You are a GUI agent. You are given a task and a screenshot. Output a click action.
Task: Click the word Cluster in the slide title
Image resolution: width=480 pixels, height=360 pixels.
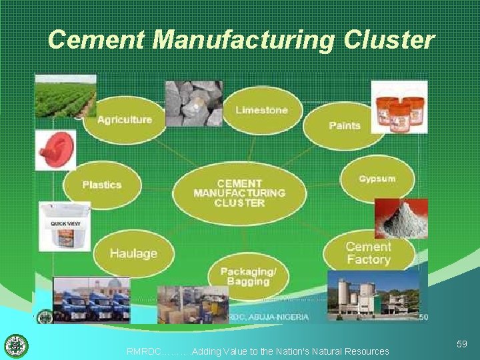(389, 40)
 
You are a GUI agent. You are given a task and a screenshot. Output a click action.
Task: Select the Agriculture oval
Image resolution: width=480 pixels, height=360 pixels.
(125, 120)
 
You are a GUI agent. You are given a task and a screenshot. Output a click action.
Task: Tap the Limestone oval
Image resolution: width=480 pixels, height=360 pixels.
(261, 110)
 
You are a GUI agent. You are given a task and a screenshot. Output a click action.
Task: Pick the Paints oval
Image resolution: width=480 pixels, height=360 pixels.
(345, 125)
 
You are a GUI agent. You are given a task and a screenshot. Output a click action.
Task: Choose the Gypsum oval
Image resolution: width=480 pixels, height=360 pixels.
(377, 179)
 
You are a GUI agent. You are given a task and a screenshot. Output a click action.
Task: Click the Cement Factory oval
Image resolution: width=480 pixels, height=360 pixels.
(368, 253)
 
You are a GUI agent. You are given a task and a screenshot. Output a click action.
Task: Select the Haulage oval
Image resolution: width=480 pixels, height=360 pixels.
(133, 253)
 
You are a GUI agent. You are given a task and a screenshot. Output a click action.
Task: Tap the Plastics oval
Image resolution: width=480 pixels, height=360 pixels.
(102, 185)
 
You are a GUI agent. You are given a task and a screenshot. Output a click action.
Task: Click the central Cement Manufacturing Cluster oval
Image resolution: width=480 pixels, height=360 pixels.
(239, 193)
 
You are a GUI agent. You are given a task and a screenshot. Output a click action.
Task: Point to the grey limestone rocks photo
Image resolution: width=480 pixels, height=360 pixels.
(193, 103)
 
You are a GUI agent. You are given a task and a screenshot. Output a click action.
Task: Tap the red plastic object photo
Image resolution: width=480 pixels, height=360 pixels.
(55, 149)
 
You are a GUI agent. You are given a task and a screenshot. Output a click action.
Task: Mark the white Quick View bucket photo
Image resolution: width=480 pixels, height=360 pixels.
(64, 227)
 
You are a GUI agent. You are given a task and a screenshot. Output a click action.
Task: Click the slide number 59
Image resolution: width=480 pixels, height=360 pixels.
(461, 344)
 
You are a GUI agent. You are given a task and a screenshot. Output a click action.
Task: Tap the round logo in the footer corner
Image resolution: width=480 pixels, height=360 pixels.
(16, 346)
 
